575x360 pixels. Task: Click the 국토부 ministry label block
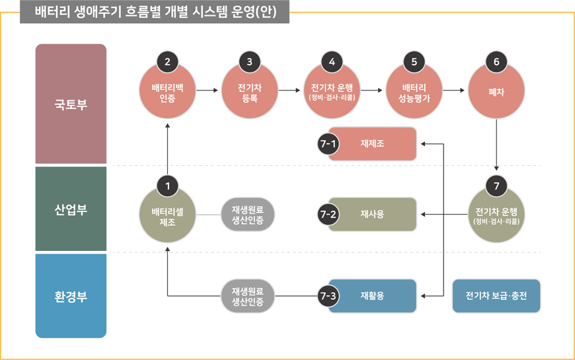click(71, 104)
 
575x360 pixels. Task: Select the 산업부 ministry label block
click(71, 209)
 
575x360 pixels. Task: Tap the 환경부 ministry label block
click(71, 295)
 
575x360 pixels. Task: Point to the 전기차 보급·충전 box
click(496, 296)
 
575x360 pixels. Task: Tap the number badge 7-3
click(328, 297)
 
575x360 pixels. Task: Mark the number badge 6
click(496, 61)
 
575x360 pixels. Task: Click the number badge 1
click(167, 186)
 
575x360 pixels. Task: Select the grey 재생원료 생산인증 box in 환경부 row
click(247, 297)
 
